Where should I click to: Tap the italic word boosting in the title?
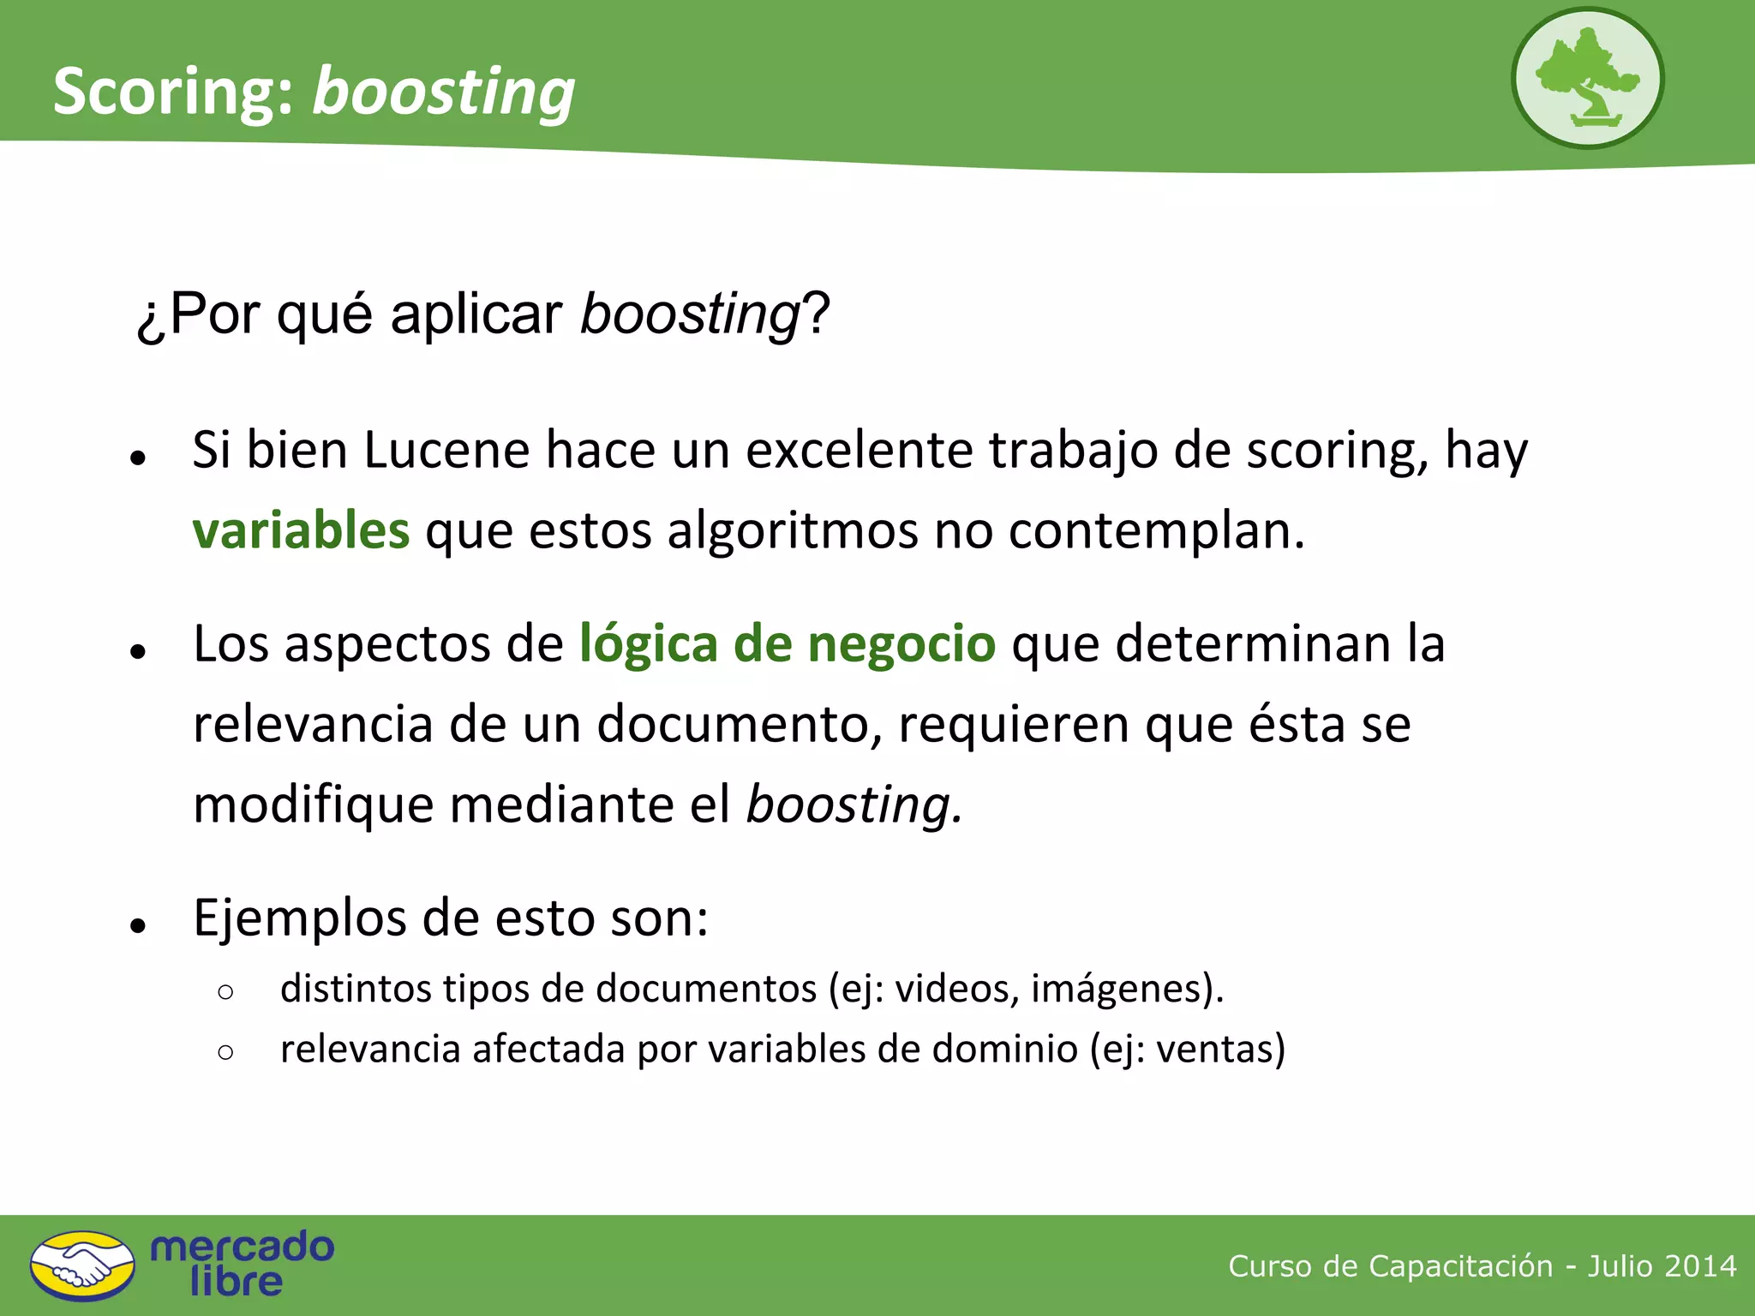coord(443,93)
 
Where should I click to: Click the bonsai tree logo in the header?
coord(1587,79)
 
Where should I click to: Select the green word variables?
coord(301,530)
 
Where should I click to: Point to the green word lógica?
coord(648,644)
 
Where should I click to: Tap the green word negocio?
coord(901,644)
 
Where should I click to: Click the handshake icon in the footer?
coord(82,1265)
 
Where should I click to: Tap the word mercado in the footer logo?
coord(242,1247)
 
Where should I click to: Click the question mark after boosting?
coord(817,314)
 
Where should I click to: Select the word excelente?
coord(860,450)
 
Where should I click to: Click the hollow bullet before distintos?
coord(225,992)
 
